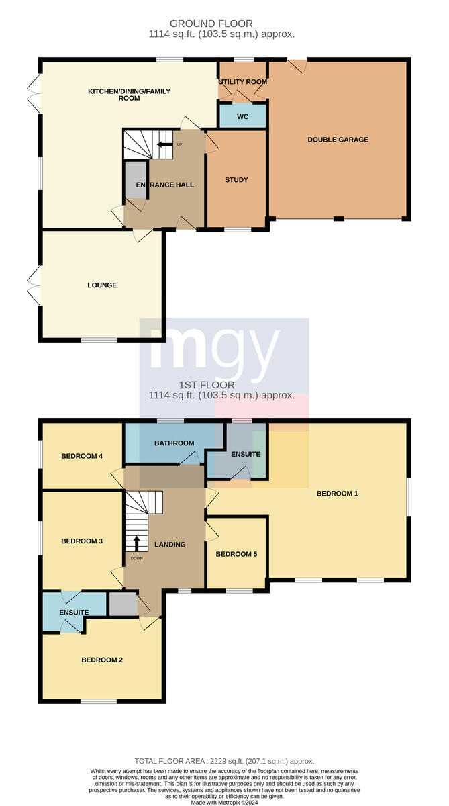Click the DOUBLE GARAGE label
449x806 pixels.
point(338,140)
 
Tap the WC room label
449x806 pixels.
point(243,117)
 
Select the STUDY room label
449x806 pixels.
point(236,179)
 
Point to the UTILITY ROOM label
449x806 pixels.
point(243,82)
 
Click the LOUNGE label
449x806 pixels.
point(102,285)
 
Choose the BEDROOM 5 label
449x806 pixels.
point(236,554)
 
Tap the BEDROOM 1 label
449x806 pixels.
point(337,494)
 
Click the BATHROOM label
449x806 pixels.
point(174,443)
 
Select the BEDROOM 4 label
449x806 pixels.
point(82,456)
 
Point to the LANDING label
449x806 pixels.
point(170,545)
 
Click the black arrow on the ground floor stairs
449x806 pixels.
point(165,144)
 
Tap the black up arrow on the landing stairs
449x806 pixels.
point(137,543)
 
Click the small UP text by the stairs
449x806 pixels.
point(180,144)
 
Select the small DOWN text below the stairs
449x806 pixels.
point(137,558)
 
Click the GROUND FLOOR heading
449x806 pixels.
point(211,24)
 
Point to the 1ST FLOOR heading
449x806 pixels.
point(207,385)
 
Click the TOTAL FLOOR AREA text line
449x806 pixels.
point(224,761)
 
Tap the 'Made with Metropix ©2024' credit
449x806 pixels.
point(224,803)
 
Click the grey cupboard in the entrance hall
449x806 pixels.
point(136,180)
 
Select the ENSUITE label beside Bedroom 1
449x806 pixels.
point(246,455)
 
